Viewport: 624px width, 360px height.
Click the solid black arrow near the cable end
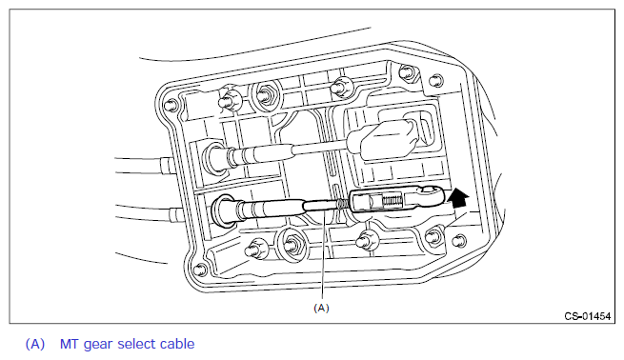coord(457,198)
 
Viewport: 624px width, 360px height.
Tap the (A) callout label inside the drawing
coord(321,308)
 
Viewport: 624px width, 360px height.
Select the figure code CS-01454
coord(588,316)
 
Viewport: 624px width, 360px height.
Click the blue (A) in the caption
coord(35,344)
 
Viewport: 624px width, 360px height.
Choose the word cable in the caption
coord(177,344)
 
